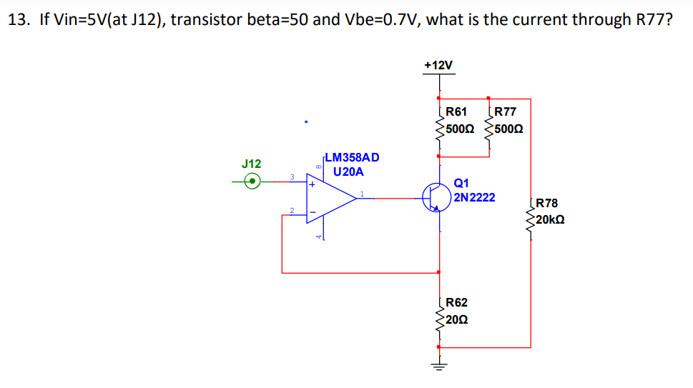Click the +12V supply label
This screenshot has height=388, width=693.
(438, 65)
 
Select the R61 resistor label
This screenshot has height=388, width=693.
(456, 111)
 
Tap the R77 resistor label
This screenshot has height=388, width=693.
(505, 111)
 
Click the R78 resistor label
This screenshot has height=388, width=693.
(546, 203)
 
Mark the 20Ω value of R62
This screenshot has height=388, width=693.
(456, 319)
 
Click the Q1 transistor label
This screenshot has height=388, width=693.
(461, 183)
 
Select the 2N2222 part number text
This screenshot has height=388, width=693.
(474, 197)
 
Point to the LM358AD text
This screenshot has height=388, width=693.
(352, 157)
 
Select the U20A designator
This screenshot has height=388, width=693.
(348, 172)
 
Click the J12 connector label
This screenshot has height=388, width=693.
(252, 164)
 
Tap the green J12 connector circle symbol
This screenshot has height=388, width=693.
(252, 182)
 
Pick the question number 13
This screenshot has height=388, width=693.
(19, 19)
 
